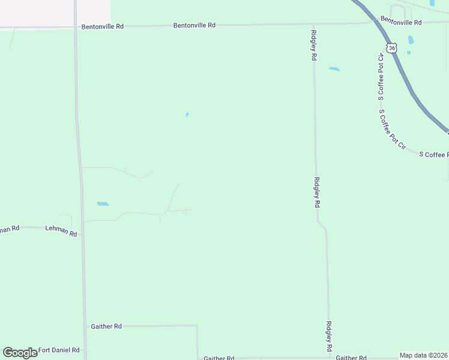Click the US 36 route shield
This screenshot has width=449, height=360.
coord(391,47)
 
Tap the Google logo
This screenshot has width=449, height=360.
coord(20,352)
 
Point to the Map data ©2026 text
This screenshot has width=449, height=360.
coord(423,355)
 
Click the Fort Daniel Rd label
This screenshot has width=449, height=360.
coord(59,350)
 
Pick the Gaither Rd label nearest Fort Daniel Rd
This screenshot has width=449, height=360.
coord(106,326)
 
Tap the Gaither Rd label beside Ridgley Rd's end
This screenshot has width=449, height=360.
coord(351,358)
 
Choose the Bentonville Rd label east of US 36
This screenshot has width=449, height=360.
coord(401,22)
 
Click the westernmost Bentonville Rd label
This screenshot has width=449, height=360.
coord(103,26)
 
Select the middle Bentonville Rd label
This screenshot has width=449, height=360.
coord(194,25)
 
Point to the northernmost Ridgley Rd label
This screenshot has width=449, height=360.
coord(314,46)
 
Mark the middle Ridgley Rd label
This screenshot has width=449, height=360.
coord(317,192)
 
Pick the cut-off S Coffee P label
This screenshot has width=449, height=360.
coord(433,154)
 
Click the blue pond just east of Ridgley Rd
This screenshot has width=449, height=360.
coord(334,69)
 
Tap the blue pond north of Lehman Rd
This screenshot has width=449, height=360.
coord(103,204)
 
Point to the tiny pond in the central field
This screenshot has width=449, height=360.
coord(187,115)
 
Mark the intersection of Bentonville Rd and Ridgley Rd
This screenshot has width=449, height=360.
coord(313,24)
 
